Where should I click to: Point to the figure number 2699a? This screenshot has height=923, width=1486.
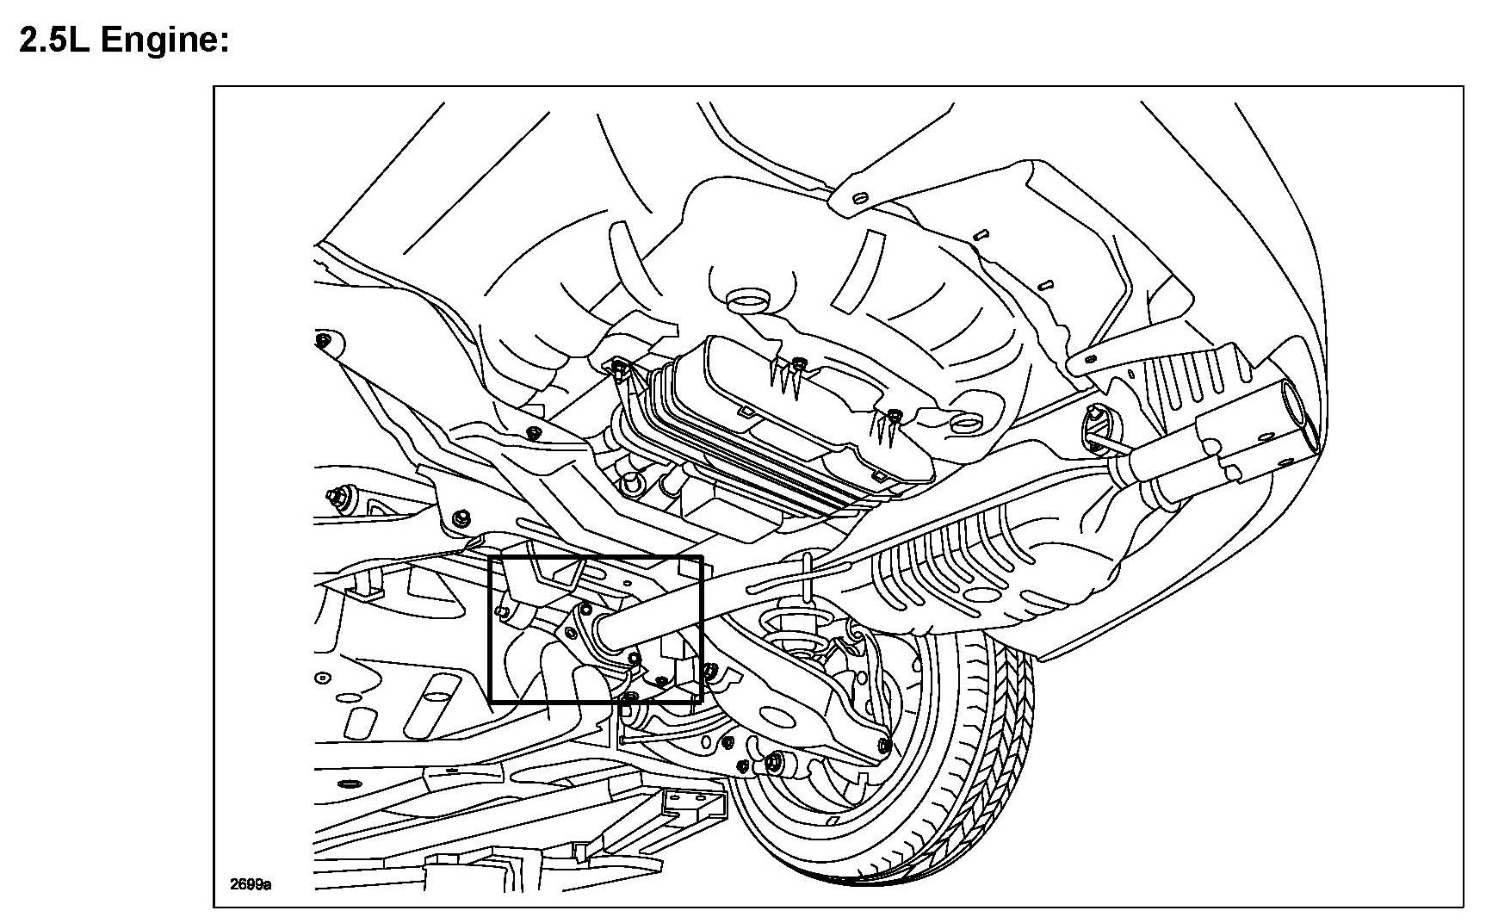point(250,884)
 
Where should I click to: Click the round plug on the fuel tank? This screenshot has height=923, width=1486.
point(747,301)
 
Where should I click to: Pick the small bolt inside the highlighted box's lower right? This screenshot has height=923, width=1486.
point(661,680)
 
